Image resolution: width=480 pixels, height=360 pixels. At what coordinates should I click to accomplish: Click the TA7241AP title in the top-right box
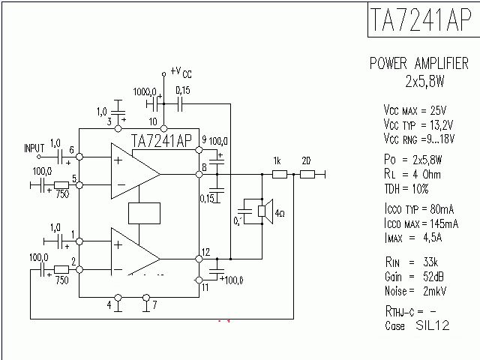pyautogui.click(x=420, y=21)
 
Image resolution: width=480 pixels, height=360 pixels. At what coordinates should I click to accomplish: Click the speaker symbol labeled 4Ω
pyautogui.click(x=264, y=211)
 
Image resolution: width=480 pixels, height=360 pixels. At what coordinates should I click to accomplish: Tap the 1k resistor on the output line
pyautogui.click(x=279, y=175)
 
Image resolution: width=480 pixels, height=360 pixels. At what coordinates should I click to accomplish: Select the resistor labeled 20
pyautogui.click(x=307, y=175)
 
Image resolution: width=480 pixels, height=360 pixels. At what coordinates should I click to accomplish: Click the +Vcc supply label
pyautogui.click(x=181, y=71)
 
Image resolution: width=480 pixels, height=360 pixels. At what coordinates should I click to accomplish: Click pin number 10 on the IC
pyautogui.click(x=153, y=121)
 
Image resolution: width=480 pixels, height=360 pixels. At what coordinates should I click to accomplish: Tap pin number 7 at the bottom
pyautogui.click(x=154, y=305)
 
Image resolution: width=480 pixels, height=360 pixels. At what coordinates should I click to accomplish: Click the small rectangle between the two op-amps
pyautogui.click(x=145, y=214)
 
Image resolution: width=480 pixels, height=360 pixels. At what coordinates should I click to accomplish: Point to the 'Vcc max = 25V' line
pyautogui.click(x=415, y=109)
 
